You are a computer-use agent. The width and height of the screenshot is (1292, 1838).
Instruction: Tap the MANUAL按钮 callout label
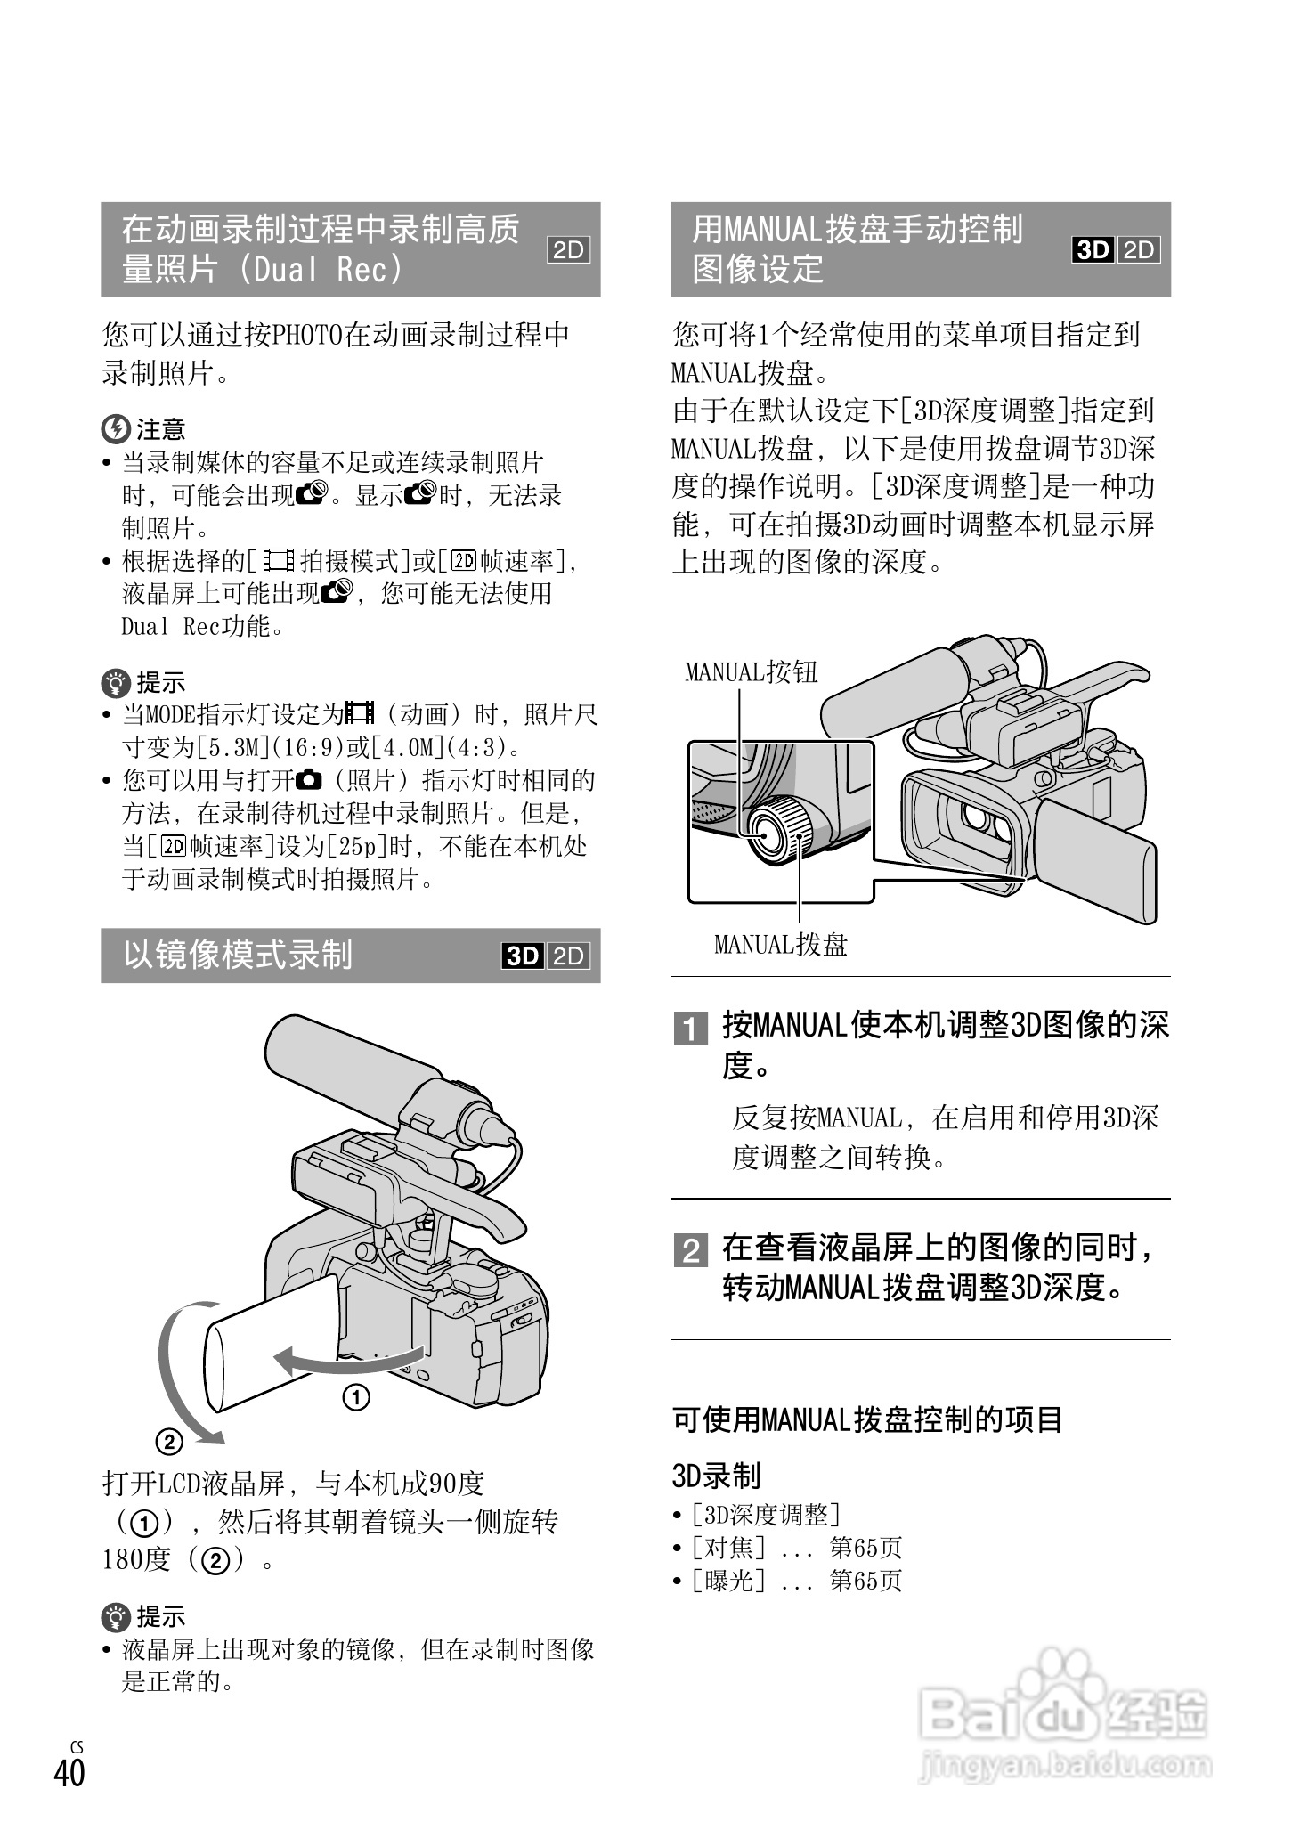click(751, 671)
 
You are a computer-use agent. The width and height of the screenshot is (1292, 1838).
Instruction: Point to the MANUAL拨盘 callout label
click(780, 944)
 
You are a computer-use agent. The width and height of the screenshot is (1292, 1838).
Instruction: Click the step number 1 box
click(690, 1029)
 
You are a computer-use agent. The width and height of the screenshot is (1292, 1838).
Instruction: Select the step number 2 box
click(690, 1251)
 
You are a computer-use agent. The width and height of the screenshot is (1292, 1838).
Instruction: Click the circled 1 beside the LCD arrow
click(356, 1398)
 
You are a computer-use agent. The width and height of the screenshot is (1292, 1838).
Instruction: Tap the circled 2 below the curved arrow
click(168, 1441)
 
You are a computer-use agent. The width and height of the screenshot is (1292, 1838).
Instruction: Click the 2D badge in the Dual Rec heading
click(568, 250)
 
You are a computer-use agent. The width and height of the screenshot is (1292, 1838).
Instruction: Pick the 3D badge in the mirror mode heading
click(523, 956)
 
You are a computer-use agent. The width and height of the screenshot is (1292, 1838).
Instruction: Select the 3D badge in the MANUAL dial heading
click(1093, 250)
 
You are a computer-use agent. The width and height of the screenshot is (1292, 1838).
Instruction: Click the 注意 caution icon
click(116, 429)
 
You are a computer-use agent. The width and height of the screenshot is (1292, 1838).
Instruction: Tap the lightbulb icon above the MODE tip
click(116, 683)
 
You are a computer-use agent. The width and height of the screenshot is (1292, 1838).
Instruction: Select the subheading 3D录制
click(716, 1476)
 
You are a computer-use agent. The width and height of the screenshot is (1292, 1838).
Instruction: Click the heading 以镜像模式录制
click(238, 956)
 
